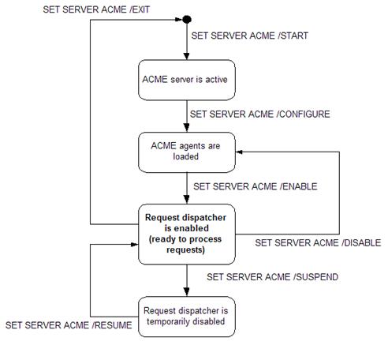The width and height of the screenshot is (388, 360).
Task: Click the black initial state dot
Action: pos(187,20)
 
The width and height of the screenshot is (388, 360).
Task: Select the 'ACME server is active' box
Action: pos(187,80)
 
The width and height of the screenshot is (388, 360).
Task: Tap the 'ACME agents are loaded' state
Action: pos(187,152)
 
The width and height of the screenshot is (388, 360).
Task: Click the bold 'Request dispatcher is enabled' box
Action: pos(187,234)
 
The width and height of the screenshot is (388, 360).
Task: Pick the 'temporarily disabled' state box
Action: pos(187,317)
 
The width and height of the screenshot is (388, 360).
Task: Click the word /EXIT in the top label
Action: pos(140,9)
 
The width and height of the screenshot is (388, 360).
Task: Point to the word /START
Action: pos(293,36)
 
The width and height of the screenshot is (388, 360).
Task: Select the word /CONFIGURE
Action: pos(303,114)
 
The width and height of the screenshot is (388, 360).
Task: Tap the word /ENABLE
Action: pos(299,186)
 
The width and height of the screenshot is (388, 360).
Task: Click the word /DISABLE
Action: pos(361,242)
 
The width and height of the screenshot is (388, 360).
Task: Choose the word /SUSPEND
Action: pos(315,277)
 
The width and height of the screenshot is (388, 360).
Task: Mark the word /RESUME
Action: pos(112,325)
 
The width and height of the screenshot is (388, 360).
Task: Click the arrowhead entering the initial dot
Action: pos(179,20)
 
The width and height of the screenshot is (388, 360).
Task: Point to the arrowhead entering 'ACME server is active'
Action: pos(187,56)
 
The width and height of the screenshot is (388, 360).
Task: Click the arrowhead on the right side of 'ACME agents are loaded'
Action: pos(239,152)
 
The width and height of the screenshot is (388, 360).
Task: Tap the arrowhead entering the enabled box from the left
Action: pos(134,245)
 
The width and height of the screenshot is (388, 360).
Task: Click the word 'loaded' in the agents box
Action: pos(185,156)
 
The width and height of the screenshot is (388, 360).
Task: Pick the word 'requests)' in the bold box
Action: pos(185,249)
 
